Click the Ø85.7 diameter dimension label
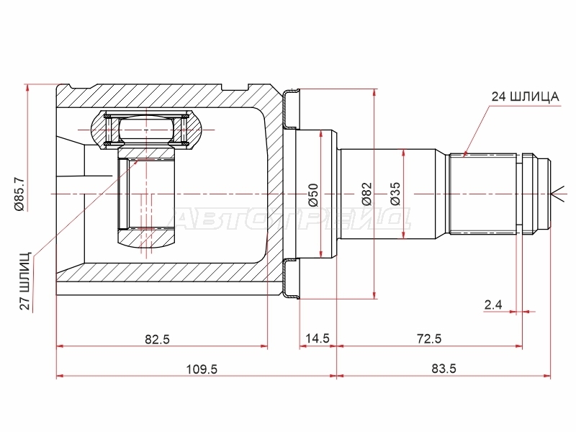[x=19, y=194]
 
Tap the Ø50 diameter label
[x=313, y=194]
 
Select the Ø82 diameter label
[x=366, y=194]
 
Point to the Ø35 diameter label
[x=395, y=194]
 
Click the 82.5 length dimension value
[x=157, y=339]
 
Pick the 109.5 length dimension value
[x=202, y=369]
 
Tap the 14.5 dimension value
[x=318, y=338]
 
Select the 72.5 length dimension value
[x=429, y=338]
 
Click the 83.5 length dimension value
[x=444, y=368]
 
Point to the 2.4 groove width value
[x=493, y=305]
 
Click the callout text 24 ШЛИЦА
[x=526, y=96]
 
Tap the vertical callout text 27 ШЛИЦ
[x=25, y=282]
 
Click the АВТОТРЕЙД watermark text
[x=290, y=218]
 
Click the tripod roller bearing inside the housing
[x=146, y=130]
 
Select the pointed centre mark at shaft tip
[x=557, y=194]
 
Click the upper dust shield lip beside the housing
[x=291, y=109]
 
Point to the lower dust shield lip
[x=291, y=279]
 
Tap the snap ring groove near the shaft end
[x=518, y=194]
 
